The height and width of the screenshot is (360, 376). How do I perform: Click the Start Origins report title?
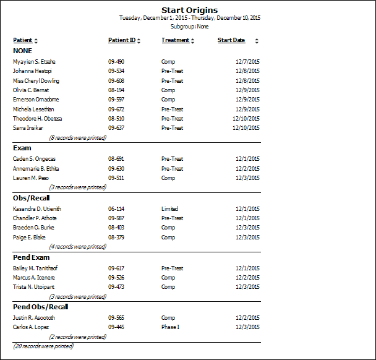pyautogui.click(x=189, y=10)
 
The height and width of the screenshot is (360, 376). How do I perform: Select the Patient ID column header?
pyautogui.click(x=122, y=40)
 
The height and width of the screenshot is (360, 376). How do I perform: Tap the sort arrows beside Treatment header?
pyautogui.click(x=193, y=41)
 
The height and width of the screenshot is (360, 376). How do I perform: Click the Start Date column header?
pyautogui.click(x=231, y=40)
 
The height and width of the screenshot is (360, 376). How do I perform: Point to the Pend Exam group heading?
pyautogui.click(x=31, y=257)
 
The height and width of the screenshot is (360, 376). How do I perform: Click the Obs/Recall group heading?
pyautogui.click(x=31, y=198)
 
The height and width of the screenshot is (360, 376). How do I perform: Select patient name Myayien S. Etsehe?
pyautogui.click(x=34, y=62)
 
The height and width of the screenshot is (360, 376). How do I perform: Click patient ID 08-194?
pyautogui.click(x=116, y=90)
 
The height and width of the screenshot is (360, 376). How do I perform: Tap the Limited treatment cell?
pyautogui.click(x=169, y=209)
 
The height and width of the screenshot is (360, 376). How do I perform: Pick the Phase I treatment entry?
pyautogui.click(x=170, y=327)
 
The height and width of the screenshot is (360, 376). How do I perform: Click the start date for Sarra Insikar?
pyautogui.click(x=246, y=128)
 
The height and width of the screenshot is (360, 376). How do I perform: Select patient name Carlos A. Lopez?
pyautogui.click(x=31, y=327)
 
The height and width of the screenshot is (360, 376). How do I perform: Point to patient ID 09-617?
pyautogui.click(x=116, y=268)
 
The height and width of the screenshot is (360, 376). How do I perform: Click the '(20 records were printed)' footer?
pyautogui.click(x=43, y=346)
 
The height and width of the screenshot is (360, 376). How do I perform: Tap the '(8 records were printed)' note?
pyautogui.click(x=78, y=138)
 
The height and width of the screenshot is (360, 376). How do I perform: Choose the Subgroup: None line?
pyautogui.click(x=189, y=27)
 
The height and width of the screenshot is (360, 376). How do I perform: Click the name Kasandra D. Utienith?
pyautogui.click(x=37, y=209)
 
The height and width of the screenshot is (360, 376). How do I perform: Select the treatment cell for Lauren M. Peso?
pyautogui.click(x=168, y=178)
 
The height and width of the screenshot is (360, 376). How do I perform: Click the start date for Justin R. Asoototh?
pyautogui.click(x=247, y=318)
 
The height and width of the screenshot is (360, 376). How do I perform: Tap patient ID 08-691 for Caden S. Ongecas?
pyautogui.click(x=116, y=159)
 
